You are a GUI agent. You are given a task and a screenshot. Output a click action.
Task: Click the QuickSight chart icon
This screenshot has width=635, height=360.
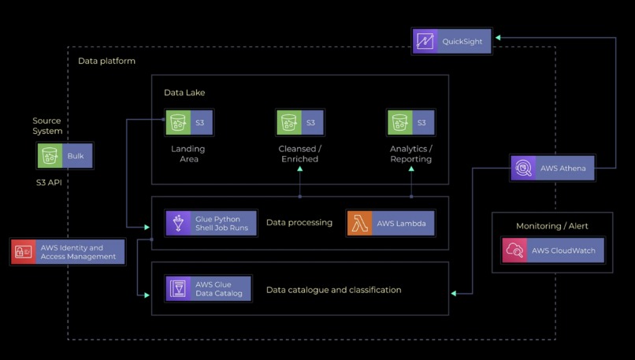[425, 41]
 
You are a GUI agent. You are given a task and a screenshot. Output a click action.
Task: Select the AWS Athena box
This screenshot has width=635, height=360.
[552, 169]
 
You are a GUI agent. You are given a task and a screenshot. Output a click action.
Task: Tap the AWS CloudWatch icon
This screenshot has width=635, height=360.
[514, 251]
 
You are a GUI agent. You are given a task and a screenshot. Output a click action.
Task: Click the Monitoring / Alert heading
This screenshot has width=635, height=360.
[551, 226]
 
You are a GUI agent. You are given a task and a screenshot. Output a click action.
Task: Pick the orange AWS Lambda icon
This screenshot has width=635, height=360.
[359, 223]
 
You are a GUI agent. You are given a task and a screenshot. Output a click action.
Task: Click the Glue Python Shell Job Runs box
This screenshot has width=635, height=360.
[212, 223]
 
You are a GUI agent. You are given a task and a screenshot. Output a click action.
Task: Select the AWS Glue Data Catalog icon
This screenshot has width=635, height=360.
[179, 289]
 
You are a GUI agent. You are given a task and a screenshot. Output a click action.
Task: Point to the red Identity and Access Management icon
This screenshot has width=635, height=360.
[24, 251]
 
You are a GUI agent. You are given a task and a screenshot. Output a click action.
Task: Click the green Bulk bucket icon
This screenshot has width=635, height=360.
[50, 156]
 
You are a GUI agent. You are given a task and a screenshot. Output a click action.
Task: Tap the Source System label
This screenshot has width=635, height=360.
[46, 126]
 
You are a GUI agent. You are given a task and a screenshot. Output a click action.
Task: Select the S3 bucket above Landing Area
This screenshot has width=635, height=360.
[179, 123]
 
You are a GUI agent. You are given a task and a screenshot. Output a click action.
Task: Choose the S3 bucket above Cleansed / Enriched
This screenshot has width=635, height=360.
[289, 123]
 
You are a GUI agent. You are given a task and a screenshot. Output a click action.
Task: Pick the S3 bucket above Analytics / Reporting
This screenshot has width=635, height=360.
[400, 123]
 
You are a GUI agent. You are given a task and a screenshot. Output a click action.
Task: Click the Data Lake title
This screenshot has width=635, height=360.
[184, 93]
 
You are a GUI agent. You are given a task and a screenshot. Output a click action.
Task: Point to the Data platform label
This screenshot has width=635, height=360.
[106, 61]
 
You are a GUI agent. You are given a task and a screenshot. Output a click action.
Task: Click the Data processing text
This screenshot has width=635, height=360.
[299, 223]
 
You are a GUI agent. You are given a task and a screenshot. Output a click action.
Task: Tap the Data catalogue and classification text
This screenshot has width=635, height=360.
[333, 290]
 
